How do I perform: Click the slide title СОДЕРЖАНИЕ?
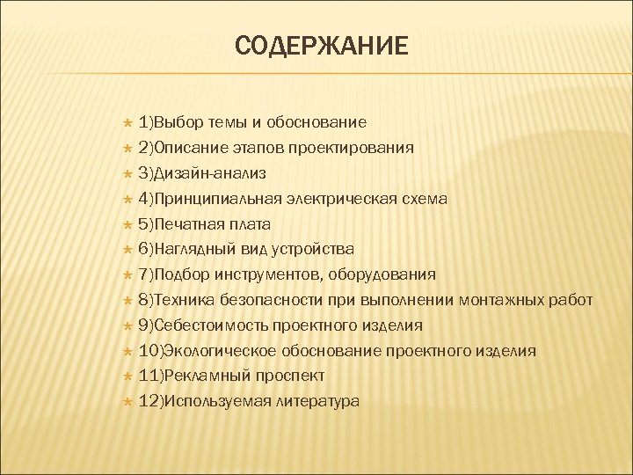click(x=321, y=45)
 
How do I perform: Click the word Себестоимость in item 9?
click(x=206, y=325)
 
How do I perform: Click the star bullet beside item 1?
click(x=127, y=122)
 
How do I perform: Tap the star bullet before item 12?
click(x=127, y=401)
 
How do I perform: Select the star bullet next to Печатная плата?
click(x=127, y=224)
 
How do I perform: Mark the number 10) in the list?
click(x=150, y=351)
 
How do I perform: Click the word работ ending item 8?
click(x=571, y=301)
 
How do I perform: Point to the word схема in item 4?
click(x=425, y=199)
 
